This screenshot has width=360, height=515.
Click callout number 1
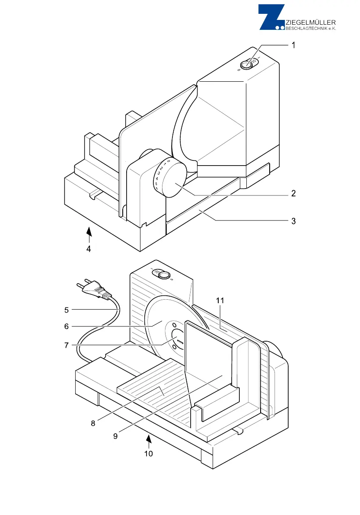pyautogui.click(x=293, y=45)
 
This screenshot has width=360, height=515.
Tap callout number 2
pyautogui.click(x=293, y=194)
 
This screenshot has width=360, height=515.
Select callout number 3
pyautogui.click(x=293, y=221)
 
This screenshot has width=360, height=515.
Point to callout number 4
pyautogui.click(x=88, y=249)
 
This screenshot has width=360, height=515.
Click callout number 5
pyautogui.click(x=67, y=310)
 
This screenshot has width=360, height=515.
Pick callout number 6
pyautogui.click(x=67, y=326)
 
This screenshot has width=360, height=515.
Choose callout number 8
pyautogui.click(x=93, y=423)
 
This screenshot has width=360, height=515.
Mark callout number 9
pyautogui.click(x=115, y=436)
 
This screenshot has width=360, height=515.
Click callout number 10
pyautogui.click(x=149, y=454)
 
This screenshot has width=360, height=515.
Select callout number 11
pyautogui.click(x=221, y=300)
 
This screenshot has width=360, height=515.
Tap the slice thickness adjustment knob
pyautogui.click(x=173, y=178)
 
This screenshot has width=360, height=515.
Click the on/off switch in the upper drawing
pyautogui.click(x=247, y=65)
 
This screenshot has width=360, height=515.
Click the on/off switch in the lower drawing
pyautogui.click(x=163, y=275)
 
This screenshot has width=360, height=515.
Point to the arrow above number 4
pyautogui.click(x=89, y=234)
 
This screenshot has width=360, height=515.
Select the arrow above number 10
pyautogui.click(x=149, y=440)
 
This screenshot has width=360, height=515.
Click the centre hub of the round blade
pyautogui.click(x=178, y=337)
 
